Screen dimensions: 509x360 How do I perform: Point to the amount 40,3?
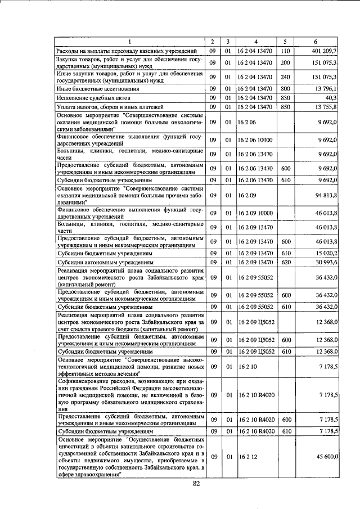pyautogui.click(x=330, y=98)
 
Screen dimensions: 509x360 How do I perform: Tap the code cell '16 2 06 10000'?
pyautogui.click(x=256, y=139)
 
